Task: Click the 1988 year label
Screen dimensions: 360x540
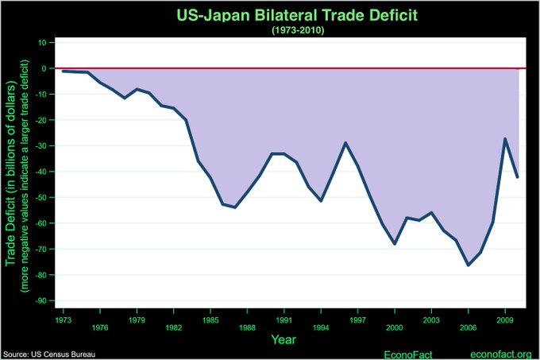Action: pyautogui.click(x=247, y=327)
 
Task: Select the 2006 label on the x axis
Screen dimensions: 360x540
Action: pyautogui.click(x=468, y=327)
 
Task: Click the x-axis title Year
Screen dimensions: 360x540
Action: pyautogui.click(x=283, y=339)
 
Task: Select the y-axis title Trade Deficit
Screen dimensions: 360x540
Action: pyautogui.click(x=11, y=184)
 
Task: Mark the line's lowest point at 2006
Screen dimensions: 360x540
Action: pyautogui.click(x=469, y=265)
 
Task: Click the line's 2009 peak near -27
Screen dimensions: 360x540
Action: pyautogui.click(x=505, y=138)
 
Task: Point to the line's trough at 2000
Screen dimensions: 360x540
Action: pyautogui.click(x=395, y=244)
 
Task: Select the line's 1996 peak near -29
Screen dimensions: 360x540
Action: pyautogui.click(x=345, y=143)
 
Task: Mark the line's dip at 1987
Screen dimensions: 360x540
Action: pyautogui.click(x=235, y=207)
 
